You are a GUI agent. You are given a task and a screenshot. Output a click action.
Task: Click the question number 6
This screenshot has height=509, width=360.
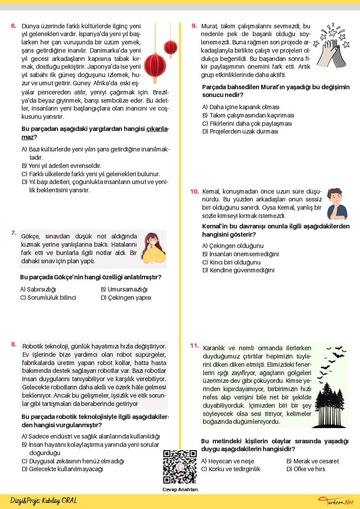tap(13, 26)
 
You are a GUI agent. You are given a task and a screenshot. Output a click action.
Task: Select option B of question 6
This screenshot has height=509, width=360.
tap(61, 166)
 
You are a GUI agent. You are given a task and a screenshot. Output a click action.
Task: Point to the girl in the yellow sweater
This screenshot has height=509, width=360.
tap(152, 249)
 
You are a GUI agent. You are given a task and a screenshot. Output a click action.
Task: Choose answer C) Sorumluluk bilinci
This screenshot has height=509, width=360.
tap(48, 298)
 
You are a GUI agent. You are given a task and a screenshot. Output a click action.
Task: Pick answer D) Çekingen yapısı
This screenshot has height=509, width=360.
tap(126, 298)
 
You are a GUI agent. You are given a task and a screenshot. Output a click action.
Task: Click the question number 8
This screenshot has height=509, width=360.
tap(13, 345)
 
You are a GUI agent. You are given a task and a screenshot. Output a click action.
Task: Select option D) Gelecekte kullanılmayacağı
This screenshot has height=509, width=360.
tap(62, 469)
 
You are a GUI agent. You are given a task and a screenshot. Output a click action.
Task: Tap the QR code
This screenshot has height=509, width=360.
tap(180, 467)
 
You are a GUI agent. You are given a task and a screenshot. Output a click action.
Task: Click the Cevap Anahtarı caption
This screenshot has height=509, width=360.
tap(180, 489)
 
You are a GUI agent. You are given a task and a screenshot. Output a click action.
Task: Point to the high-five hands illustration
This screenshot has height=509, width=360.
tap(333, 46)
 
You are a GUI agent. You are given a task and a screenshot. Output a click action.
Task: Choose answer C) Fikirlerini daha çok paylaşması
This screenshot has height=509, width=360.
tap(247, 124)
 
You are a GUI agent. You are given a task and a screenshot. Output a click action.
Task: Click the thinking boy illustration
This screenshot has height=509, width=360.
tap(337, 204)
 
